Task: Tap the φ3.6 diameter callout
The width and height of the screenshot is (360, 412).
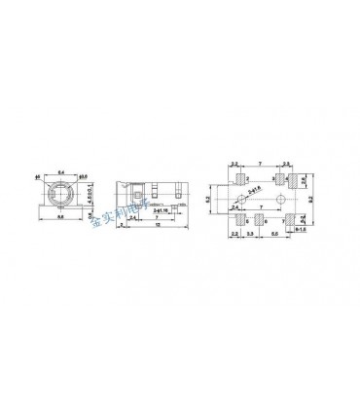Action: (83, 175)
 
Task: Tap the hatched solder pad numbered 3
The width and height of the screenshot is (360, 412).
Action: (279, 180)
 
